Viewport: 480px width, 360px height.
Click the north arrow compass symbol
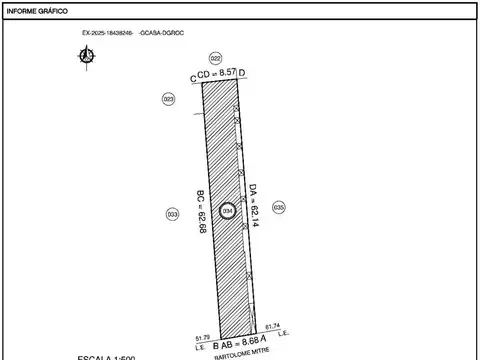point(84,55)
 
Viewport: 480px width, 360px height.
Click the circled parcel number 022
point(215,60)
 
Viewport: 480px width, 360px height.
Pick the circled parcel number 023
point(168,99)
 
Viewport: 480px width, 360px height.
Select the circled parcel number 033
point(172,214)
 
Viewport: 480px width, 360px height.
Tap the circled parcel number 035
point(279,207)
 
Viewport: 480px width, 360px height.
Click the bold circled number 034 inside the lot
point(228,211)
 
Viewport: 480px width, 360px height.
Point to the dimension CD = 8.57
point(220,74)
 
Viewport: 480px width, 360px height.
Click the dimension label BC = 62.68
point(202,212)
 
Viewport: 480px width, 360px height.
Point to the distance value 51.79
point(202,338)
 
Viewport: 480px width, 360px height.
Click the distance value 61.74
point(273,325)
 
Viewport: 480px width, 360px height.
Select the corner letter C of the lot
point(194,76)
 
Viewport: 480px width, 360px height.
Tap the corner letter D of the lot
point(243,73)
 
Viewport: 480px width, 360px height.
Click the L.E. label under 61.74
point(283,332)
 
